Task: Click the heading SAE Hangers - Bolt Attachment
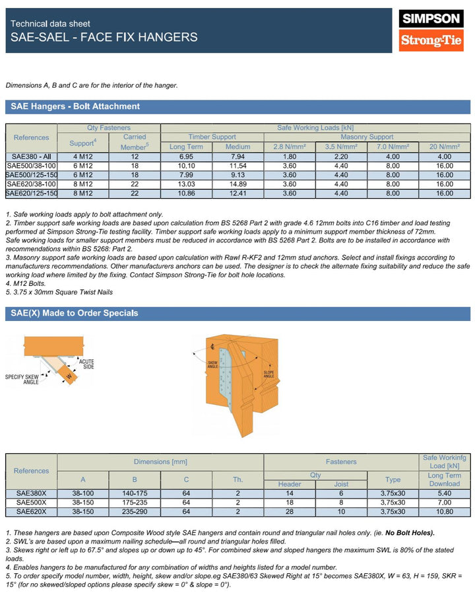(75, 106)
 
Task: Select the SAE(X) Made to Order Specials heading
(75, 313)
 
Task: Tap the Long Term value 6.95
(187, 156)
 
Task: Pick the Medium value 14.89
(237, 184)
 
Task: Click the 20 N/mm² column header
(445, 147)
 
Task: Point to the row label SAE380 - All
(31, 156)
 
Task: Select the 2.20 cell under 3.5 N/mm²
(341, 156)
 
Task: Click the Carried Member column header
(135, 142)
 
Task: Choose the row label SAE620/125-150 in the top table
(31, 193)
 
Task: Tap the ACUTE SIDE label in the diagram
(86, 365)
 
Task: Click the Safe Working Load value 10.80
(445, 511)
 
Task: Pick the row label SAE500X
(31, 502)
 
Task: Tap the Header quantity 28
(290, 511)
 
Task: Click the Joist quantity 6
(341, 493)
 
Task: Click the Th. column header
(237, 479)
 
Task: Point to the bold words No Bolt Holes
(410, 532)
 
